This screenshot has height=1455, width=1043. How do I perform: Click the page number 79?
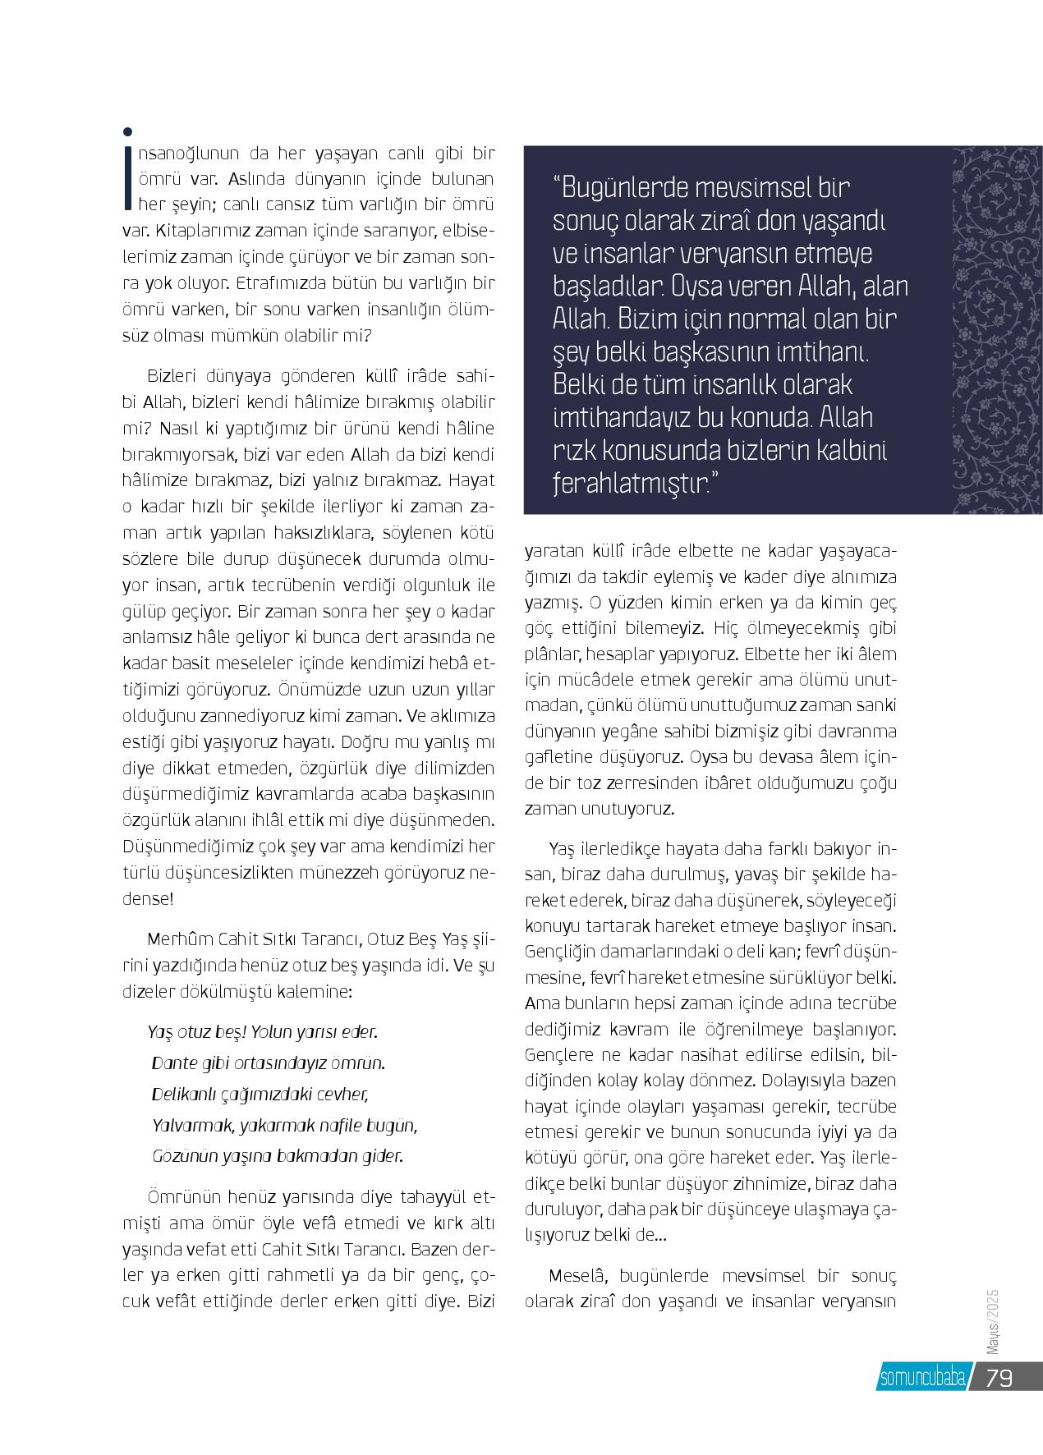(x=999, y=1379)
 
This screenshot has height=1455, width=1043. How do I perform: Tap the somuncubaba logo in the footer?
(x=922, y=1379)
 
